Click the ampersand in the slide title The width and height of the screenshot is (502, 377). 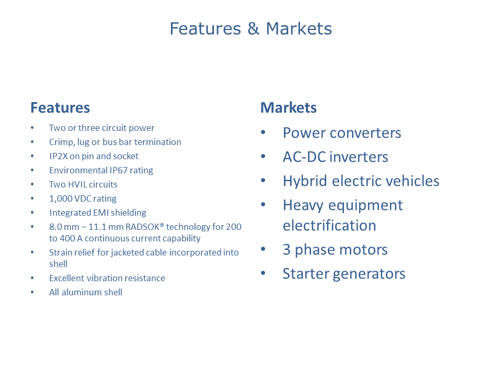click(253, 28)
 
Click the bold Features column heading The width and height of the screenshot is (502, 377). click(60, 108)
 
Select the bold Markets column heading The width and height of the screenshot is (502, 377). click(289, 108)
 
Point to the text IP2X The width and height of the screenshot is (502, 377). click(59, 156)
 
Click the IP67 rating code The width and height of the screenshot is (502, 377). click(119, 170)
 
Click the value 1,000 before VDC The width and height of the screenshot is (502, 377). click(61, 199)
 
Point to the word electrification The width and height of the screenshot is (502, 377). click(329, 225)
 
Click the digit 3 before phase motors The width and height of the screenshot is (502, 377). click(287, 250)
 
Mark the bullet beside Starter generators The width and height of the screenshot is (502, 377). click(263, 273)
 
